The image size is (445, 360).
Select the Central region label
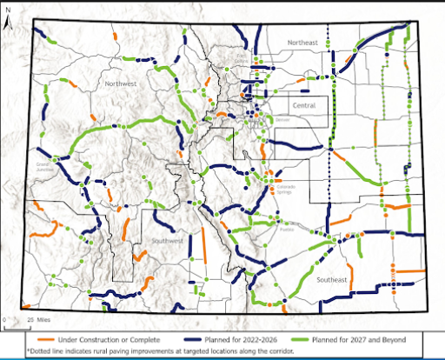point(304,106)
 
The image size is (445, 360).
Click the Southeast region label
point(331,280)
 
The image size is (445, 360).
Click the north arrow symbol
point(7,18)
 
